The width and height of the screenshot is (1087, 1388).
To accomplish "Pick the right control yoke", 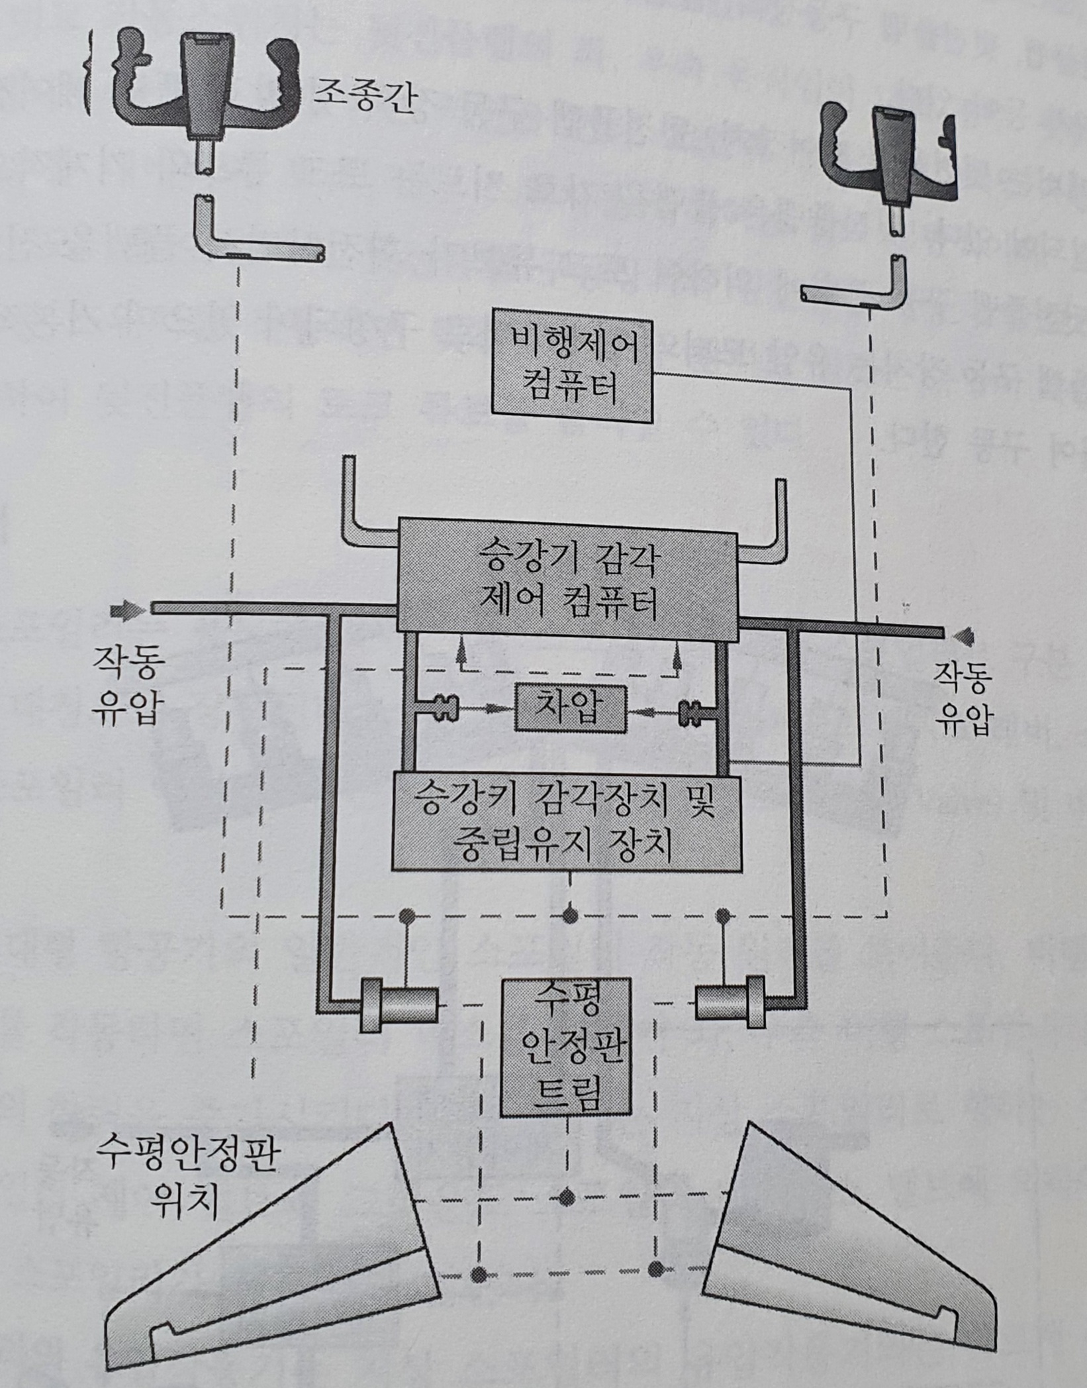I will pyautogui.click(x=891, y=152).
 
